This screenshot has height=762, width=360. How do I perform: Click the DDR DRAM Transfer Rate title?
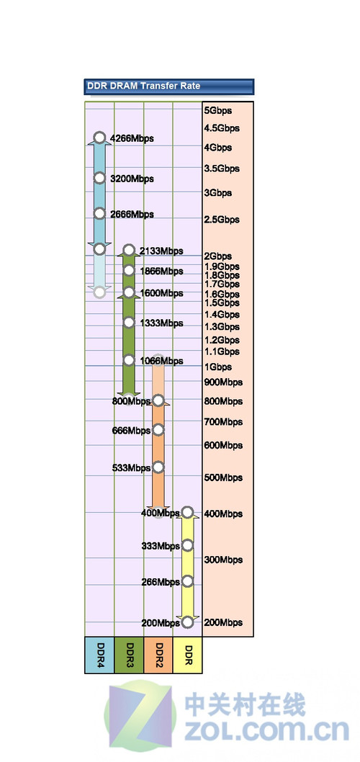click(x=143, y=86)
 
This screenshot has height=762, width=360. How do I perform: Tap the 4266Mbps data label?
click(x=132, y=138)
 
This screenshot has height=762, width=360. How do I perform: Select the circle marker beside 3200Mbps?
click(x=99, y=178)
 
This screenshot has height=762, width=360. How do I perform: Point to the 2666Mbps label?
click(x=132, y=215)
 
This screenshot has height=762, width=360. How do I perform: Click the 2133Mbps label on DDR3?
click(x=161, y=251)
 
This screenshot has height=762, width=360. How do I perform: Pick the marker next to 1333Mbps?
click(x=129, y=322)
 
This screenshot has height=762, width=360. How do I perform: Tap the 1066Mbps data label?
click(x=161, y=361)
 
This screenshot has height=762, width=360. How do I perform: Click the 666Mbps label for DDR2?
click(x=131, y=431)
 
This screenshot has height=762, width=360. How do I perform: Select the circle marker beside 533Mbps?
click(x=158, y=467)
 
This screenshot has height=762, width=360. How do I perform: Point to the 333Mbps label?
click(x=161, y=546)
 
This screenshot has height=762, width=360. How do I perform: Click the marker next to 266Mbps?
click(x=187, y=581)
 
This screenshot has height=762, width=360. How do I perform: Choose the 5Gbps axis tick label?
click(x=218, y=111)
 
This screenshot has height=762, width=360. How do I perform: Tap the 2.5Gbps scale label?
click(x=222, y=220)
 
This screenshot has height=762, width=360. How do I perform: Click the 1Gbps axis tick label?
click(x=218, y=367)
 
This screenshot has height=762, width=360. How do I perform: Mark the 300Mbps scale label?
click(x=223, y=560)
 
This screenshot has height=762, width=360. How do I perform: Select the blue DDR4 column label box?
click(x=99, y=655)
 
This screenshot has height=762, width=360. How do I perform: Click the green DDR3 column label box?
click(x=129, y=655)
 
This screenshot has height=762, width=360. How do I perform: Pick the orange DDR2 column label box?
click(x=158, y=655)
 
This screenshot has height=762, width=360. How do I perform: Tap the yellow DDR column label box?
click(x=187, y=655)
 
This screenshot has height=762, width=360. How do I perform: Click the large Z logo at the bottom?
click(x=140, y=717)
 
